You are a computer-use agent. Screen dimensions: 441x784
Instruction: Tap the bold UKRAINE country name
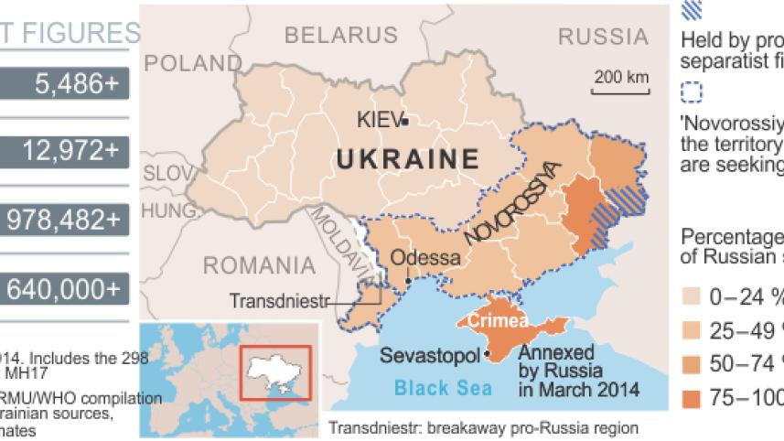coord(408,159)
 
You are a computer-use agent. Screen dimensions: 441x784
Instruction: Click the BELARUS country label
coord(341,36)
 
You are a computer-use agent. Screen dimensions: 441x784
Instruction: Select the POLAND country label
coord(192,63)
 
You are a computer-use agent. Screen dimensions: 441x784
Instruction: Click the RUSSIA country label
coord(602,36)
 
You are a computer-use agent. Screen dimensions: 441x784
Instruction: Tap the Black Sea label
coord(443,388)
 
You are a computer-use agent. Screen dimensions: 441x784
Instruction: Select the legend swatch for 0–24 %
coord(693,296)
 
